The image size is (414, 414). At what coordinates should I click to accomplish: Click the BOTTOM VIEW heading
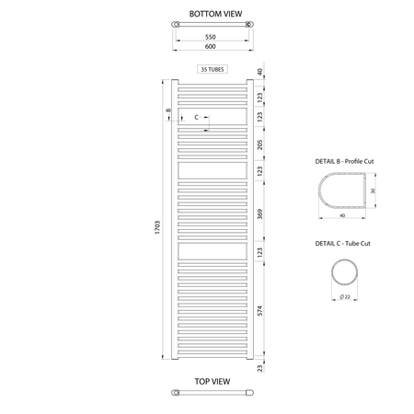215,14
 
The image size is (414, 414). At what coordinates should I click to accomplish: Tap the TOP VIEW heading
213,382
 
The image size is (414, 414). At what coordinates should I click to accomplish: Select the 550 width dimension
211,37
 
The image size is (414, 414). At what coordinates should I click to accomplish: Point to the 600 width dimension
211,46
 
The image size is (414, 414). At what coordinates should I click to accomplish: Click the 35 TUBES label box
213,69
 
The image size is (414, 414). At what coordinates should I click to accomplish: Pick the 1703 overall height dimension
157,227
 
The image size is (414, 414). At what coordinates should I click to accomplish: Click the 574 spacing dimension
259,311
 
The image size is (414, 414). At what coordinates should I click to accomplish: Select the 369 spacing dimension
259,214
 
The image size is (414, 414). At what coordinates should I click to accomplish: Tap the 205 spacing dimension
259,144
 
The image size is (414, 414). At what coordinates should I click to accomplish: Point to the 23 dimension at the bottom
259,368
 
